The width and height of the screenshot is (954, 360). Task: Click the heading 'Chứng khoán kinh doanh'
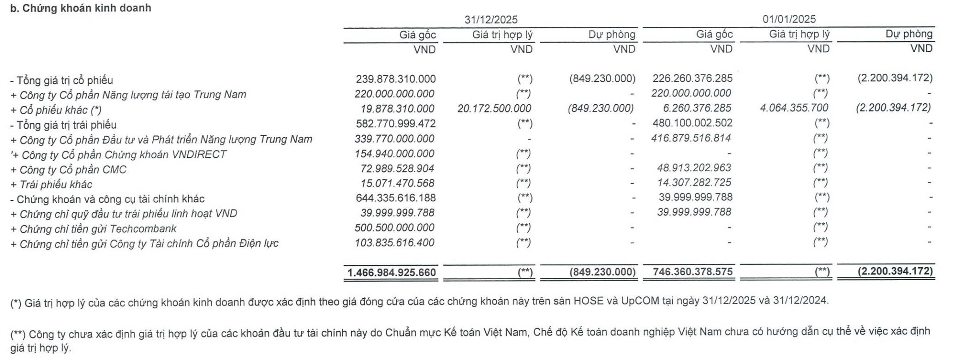click(87, 8)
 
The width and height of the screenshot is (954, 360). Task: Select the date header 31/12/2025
click(491, 20)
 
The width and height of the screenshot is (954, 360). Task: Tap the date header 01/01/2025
click(789, 19)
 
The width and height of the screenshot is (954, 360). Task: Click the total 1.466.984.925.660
click(392, 273)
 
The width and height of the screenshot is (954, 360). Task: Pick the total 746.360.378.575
click(692, 272)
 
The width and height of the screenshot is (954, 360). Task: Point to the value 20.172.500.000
click(494, 109)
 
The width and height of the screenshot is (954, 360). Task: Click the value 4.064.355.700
click(794, 108)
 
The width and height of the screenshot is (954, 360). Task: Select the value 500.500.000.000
click(394, 228)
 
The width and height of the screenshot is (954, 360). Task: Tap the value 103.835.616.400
click(394, 243)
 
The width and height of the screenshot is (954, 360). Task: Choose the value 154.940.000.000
click(394, 154)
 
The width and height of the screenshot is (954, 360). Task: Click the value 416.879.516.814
click(691, 138)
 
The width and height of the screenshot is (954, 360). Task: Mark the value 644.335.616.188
click(395, 198)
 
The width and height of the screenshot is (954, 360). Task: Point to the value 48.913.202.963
click(694, 168)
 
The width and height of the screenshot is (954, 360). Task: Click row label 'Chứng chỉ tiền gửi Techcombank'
click(98, 229)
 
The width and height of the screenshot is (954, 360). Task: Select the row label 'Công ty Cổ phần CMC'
click(73, 170)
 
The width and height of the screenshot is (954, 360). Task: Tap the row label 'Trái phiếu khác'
click(56, 185)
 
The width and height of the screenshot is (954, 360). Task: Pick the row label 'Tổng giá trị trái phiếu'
click(66, 125)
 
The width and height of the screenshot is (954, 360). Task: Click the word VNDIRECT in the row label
click(199, 155)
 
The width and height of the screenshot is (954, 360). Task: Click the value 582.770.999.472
click(395, 124)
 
